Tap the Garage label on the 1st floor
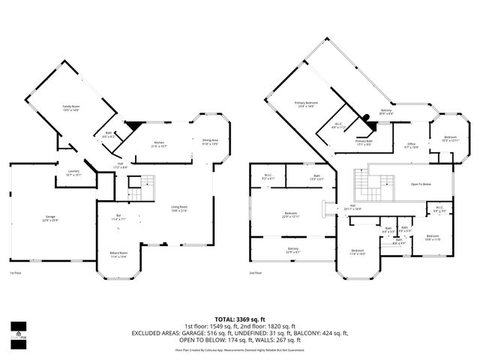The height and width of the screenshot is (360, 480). [49, 218]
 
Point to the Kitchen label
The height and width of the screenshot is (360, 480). [159, 144]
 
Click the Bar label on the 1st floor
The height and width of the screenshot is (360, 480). [119, 217]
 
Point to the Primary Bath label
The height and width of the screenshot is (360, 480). [364, 142]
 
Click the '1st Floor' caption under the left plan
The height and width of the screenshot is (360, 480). [15, 274]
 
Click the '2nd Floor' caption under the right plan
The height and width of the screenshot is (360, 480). [256, 274]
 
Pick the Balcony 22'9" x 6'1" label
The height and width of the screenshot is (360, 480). [292, 250]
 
